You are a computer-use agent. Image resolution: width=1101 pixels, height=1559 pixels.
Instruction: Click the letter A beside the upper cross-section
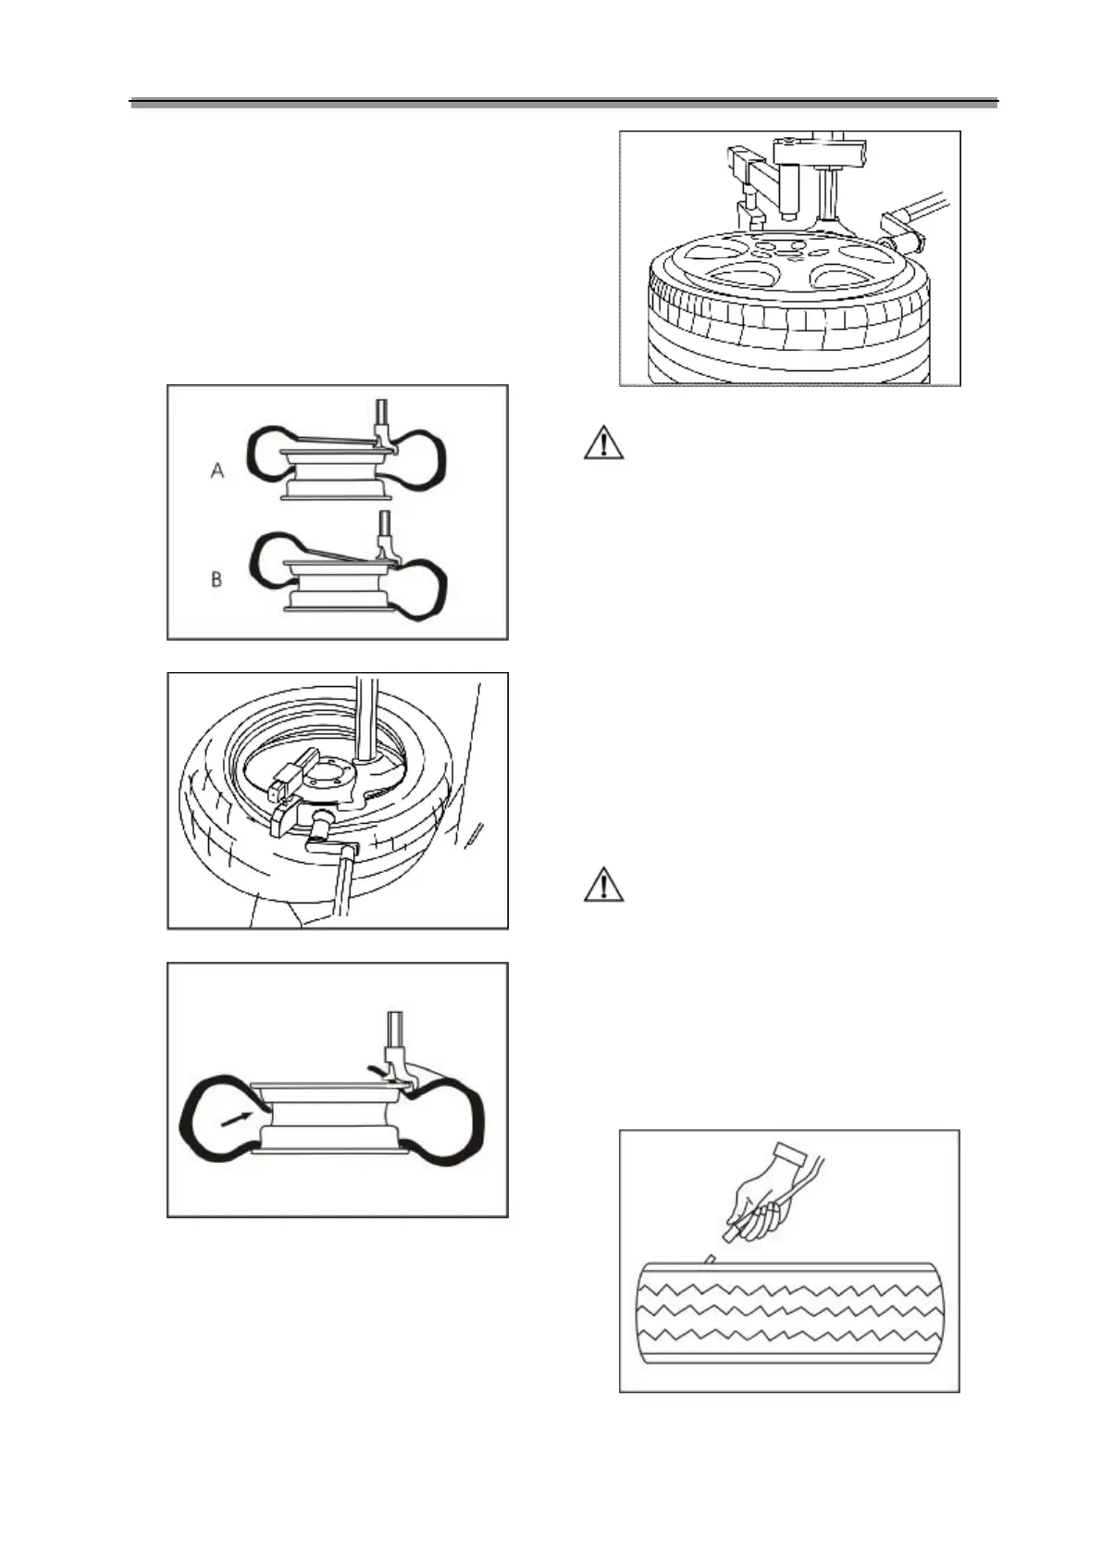(217, 471)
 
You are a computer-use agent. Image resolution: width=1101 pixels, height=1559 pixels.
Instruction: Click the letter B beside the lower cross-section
(216, 580)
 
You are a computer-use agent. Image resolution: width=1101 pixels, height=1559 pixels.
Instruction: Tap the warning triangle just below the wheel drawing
(603, 443)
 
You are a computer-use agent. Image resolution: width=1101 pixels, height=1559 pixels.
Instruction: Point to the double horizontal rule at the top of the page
(564, 103)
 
